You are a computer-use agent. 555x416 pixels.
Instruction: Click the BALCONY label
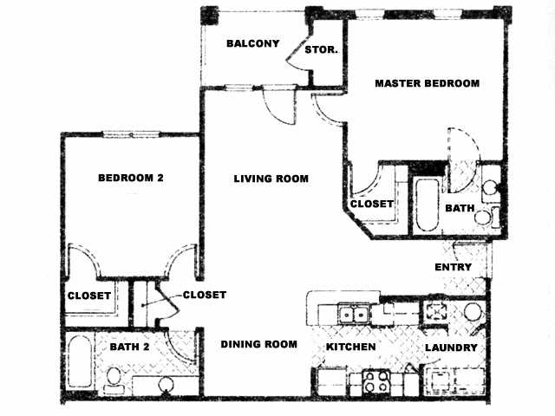click(x=251, y=43)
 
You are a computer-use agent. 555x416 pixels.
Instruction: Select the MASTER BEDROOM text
click(x=427, y=83)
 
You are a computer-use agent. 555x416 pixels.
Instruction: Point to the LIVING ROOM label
click(x=271, y=179)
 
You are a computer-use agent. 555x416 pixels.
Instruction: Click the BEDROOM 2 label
click(x=131, y=178)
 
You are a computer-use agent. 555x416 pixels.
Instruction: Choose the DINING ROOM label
click(x=258, y=344)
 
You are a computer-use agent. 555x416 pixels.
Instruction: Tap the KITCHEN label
click(x=351, y=347)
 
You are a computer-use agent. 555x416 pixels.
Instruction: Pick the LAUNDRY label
click(x=451, y=348)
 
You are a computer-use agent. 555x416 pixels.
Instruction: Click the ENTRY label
click(x=453, y=267)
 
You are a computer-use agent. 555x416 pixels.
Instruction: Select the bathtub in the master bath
click(x=427, y=205)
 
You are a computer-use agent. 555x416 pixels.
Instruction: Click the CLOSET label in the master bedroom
click(x=372, y=205)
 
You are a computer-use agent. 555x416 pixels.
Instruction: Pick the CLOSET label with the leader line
click(x=205, y=295)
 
